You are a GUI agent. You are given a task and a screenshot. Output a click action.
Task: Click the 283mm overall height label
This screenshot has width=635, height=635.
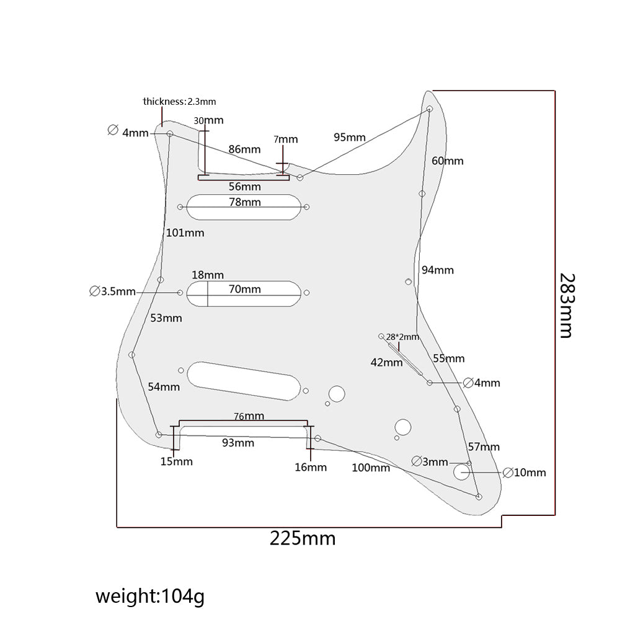[x=566, y=306]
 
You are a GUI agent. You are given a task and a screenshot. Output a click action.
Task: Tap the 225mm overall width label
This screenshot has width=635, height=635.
[x=302, y=538]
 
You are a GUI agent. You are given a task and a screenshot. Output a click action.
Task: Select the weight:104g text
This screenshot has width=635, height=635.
[x=149, y=597]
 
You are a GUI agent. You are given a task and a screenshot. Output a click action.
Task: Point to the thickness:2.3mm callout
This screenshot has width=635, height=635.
[x=179, y=101]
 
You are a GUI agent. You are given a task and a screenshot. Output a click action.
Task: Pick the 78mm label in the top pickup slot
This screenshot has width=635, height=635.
[x=245, y=202]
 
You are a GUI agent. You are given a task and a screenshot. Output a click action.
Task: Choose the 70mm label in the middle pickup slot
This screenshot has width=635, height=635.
[x=245, y=289]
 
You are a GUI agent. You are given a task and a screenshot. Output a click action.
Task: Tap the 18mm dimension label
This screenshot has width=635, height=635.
[x=208, y=275]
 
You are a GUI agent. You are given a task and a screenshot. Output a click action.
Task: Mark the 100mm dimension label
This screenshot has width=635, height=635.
[x=371, y=468]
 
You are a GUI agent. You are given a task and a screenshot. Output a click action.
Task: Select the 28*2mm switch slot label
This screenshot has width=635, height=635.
[x=402, y=337]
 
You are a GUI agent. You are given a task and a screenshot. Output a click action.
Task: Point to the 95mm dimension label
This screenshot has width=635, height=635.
[x=349, y=137]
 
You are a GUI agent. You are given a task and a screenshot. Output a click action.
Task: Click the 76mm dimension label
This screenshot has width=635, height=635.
[x=249, y=415]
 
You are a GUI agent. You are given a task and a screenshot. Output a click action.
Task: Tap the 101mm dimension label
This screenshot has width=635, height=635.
[x=185, y=233]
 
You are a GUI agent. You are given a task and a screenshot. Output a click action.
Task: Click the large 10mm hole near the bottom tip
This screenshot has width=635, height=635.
[x=461, y=473]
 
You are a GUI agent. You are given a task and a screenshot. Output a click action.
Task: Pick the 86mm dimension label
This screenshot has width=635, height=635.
[x=244, y=149]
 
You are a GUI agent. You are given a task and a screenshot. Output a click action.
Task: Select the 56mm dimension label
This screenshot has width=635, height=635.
[x=244, y=187]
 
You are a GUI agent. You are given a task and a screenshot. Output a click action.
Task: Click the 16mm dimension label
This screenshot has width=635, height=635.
[x=311, y=467]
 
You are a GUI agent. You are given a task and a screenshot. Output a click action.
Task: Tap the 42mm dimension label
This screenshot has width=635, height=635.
[x=387, y=362]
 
